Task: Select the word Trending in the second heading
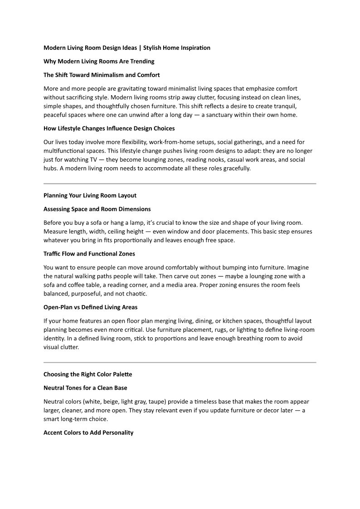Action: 141,61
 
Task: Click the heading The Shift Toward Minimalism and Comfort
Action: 102,75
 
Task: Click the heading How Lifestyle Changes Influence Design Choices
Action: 109,128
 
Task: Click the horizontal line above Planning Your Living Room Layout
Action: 180,184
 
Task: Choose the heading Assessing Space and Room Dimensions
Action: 97,209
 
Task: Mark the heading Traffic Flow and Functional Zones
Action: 89,254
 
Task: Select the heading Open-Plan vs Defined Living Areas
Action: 90,307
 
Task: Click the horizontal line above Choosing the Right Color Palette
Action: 180,363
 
